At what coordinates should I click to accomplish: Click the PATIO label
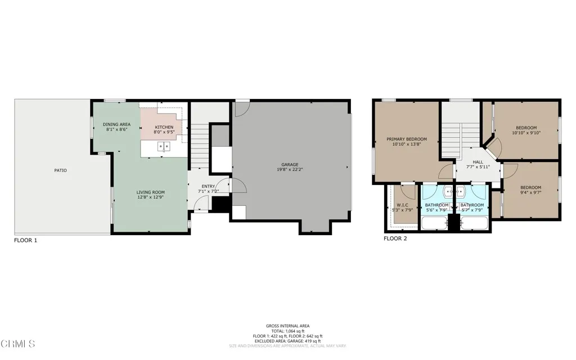point(61,170)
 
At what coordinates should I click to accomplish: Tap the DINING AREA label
point(116,124)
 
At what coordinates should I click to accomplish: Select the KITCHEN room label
point(164,128)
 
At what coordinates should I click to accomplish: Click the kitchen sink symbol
point(164,147)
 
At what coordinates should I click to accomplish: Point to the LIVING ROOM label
point(151,192)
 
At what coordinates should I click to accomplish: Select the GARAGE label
point(290,165)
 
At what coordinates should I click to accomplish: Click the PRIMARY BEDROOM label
point(407,139)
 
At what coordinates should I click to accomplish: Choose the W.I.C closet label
point(402,205)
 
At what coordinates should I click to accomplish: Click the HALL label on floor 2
point(478,162)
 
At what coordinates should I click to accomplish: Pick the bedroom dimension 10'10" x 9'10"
point(526,133)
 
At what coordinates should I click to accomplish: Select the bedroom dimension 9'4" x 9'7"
point(530,193)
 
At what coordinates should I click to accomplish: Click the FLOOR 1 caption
point(25,240)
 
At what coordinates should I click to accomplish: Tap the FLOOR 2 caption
point(395,238)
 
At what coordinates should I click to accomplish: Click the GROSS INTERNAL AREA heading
point(287,326)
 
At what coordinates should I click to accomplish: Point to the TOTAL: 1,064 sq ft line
point(287,331)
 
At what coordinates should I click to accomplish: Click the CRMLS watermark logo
point(19,343)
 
